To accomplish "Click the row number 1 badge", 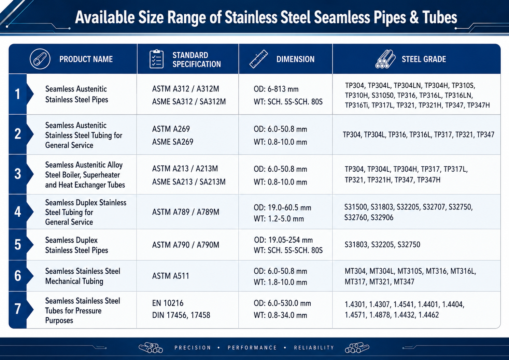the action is coord(17,94).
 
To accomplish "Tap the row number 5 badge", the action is coord(17,245).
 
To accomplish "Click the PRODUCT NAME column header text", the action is coord(86,59).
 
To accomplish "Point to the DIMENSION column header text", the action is coord(295,59).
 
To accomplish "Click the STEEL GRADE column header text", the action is coord(424,59).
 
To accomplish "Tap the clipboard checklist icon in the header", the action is coord(156,59).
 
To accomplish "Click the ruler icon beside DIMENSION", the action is coord(258,59).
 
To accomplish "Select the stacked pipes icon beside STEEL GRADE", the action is coord(385,59).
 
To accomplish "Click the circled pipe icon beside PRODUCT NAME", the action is coord(40,59).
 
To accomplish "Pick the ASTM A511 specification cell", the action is coord(170,276).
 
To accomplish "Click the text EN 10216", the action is coord(168,303).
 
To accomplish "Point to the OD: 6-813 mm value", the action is coord(276,89).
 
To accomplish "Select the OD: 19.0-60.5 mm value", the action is coord(282,207).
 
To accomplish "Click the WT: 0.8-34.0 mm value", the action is coord(280,315).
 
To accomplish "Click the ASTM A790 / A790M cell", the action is coord(186,245).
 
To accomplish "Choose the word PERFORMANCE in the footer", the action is coord(252,348).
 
